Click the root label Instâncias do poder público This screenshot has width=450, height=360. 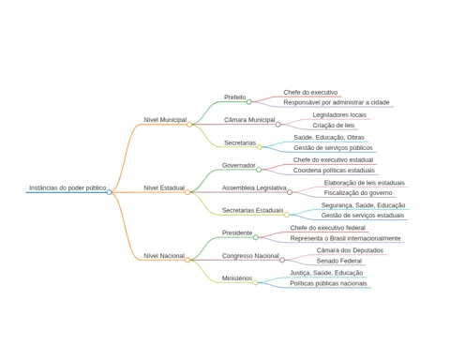pos(67,187)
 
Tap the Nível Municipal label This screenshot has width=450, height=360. pos(165,120)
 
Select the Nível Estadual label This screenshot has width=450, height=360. pos(164,187)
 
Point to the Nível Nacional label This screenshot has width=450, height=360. pos(164,256)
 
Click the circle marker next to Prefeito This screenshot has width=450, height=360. pos(248,102)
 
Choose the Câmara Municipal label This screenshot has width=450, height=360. pos(249,120)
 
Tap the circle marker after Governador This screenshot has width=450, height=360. pos(259,170)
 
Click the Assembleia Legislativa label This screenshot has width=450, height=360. pos(254,187)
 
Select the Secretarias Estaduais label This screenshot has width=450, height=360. pos(253,210)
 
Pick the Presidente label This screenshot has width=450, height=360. pos(237,232)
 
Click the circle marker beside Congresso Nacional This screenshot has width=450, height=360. pos(282,260)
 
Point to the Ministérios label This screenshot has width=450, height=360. pos(237,278)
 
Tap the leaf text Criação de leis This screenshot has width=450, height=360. pos(334,126)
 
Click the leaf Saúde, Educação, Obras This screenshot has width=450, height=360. pos(329,138)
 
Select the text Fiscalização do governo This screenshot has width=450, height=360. pos(358,193)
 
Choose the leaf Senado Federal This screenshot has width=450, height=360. pos(339,261)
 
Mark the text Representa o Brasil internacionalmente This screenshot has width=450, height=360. pos(345,238)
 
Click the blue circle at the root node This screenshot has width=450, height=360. pos(109,192)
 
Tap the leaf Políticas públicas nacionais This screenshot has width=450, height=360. pos(328,283)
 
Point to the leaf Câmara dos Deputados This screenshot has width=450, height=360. pos(350,250)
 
